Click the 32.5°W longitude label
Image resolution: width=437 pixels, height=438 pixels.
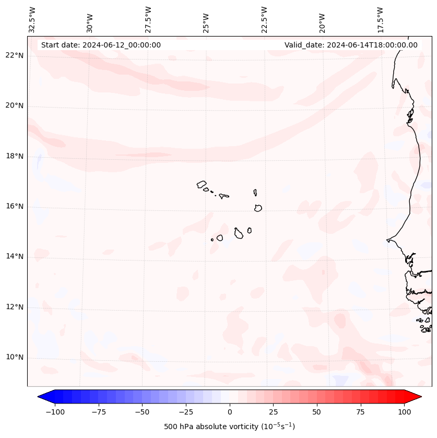point(32,20)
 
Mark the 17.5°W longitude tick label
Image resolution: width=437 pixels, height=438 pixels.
point(380,20)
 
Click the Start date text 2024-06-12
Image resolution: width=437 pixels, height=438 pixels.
point(101,45)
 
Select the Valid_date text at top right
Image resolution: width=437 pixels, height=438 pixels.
point(351,45)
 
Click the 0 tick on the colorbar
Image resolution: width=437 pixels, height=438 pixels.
point(230,412)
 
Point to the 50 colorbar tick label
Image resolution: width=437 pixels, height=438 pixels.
point(317,412)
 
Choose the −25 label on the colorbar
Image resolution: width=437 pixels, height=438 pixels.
point(186,412)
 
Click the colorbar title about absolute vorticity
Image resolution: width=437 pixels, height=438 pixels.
point(229,427)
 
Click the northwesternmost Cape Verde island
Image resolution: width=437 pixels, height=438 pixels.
point(202,184)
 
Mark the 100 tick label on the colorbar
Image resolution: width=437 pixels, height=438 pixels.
point(404,412)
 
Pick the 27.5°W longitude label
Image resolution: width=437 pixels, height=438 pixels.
point(148,20)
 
